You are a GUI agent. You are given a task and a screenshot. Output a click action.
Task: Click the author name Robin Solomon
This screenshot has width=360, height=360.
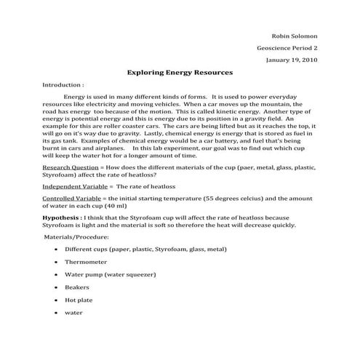tap(294, 36)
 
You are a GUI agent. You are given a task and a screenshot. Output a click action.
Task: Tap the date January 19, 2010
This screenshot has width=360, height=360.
tap(290, 60)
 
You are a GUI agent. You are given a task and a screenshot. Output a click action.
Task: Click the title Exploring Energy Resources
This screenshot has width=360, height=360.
tap(179, 73)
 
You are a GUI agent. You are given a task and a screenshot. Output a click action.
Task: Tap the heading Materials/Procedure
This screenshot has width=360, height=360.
tap(76, 237)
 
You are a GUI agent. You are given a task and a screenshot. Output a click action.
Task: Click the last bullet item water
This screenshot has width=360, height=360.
tap(74, 313)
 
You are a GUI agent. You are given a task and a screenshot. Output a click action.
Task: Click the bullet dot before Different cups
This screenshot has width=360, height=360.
tap(57, 249)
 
